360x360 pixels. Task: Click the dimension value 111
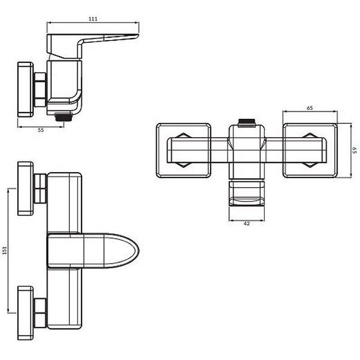(93, 19)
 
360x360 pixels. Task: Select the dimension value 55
(40, 130)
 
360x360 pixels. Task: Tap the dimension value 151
(4, 250)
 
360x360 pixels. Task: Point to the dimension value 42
(247, 223)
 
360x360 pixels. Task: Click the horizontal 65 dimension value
(310, 108)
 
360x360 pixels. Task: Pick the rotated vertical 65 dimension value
(355, 150)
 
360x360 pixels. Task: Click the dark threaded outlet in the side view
(63, 117)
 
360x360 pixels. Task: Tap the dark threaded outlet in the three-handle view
(247, 123)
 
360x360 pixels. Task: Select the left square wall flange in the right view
(184, 151)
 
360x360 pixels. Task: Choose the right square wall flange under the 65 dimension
(310, 151)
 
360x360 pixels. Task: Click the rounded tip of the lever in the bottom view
(138, 251)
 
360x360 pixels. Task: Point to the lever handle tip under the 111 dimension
(137, 35)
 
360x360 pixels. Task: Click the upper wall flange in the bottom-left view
(26, 189)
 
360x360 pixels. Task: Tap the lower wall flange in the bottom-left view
(26, 313)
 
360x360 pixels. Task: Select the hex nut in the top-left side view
(40, 90)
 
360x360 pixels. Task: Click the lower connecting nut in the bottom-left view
(40, 313)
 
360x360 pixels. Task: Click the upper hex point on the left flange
(183, 135)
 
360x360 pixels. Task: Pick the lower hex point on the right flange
(310, 165)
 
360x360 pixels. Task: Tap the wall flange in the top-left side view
(26, 90)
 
